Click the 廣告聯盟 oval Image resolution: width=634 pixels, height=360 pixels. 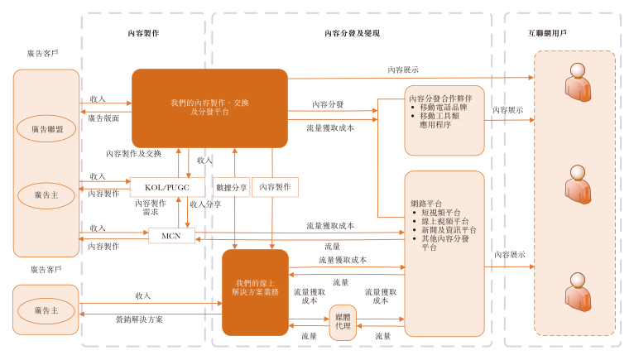click(46, 128)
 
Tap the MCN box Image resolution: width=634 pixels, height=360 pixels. click(171, 236)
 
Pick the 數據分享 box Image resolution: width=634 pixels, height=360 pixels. click(231, 187)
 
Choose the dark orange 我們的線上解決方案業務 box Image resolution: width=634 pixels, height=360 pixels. click(255, 291)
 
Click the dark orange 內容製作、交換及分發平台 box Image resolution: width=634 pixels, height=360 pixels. click(209, 107)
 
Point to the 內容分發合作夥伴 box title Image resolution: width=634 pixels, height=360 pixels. click(441, 98)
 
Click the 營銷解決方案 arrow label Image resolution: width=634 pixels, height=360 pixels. click(139, 319)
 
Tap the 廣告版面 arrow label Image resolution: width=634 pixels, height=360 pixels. click(103, 118)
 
